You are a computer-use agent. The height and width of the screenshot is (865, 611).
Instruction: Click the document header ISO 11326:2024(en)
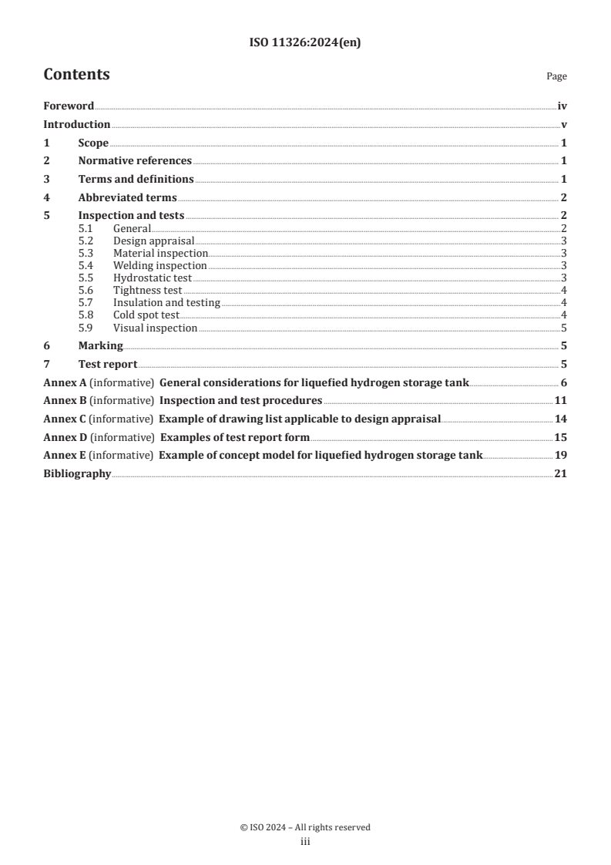coord(305,43)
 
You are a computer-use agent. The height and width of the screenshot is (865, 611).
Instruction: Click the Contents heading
coord(76,75)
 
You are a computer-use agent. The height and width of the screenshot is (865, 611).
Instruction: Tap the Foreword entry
coord(69,106)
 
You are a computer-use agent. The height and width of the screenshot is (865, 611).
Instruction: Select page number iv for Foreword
coord(562,106)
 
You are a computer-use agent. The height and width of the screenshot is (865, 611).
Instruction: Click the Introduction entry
coord(76,125)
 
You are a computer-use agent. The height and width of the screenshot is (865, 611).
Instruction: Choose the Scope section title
coord(93,143)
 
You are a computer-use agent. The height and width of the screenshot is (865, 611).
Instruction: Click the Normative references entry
coord(135,161)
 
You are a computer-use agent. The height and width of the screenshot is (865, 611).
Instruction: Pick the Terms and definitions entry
coord(136,179)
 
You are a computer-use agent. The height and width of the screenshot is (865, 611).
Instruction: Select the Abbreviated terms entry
coord(127,197)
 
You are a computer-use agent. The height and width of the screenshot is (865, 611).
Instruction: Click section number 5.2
coord(86,241)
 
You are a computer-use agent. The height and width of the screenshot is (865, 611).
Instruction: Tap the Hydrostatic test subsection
coord(152,278)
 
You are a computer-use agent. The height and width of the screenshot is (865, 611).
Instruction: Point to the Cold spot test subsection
coord(146,315)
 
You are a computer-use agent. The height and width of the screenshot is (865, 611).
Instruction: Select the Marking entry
coord(100,346)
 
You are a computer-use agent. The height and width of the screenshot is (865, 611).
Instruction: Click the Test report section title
coord(108,365)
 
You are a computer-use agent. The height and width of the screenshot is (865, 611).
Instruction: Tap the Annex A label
coord(65,383)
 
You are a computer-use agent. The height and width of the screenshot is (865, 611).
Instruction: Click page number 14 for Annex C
coord(560,419)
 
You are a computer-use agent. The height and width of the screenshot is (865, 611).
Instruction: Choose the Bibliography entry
coord(77,473)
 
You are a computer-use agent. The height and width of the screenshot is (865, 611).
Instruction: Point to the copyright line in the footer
coord(305,827)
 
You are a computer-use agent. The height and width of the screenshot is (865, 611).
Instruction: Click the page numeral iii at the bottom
coord(305,842)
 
